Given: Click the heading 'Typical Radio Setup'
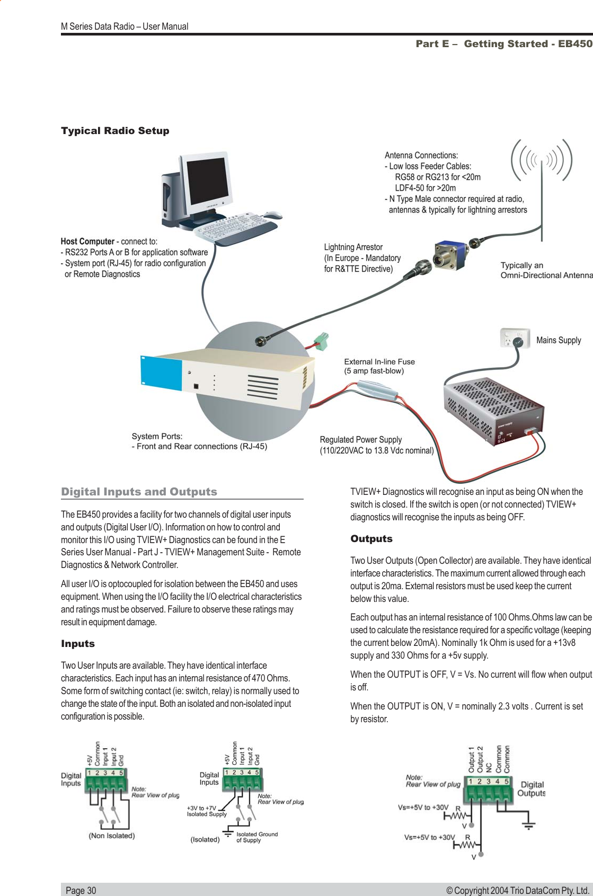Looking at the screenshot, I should click(x=115, y=131).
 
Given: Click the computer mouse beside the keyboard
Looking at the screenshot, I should click(x=272, y=215).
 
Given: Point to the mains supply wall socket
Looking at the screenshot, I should click(x=515, y=338).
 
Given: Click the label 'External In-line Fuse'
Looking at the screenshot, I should click(x=379, y=362).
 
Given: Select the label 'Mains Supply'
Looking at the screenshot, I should click(x=559, y=340).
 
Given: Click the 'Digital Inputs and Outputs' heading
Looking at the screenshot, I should click(x=139, y=492).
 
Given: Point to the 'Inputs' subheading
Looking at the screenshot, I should click(x=77, y=644).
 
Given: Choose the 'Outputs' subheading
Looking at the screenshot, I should click(x=371, y=539).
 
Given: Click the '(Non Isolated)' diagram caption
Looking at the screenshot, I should click(x=111, y=836).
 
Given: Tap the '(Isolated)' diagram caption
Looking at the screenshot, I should click(x=205, y=840).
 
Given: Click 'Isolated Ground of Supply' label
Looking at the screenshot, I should click(x=256, y=837).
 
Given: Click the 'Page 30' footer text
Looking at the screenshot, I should click(x=81, y=891).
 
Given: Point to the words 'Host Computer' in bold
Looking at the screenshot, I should click(x=87, y=242).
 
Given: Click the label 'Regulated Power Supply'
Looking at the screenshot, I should click(x=361, y=440).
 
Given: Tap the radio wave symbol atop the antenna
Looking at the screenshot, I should click(x=541, y=159).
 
